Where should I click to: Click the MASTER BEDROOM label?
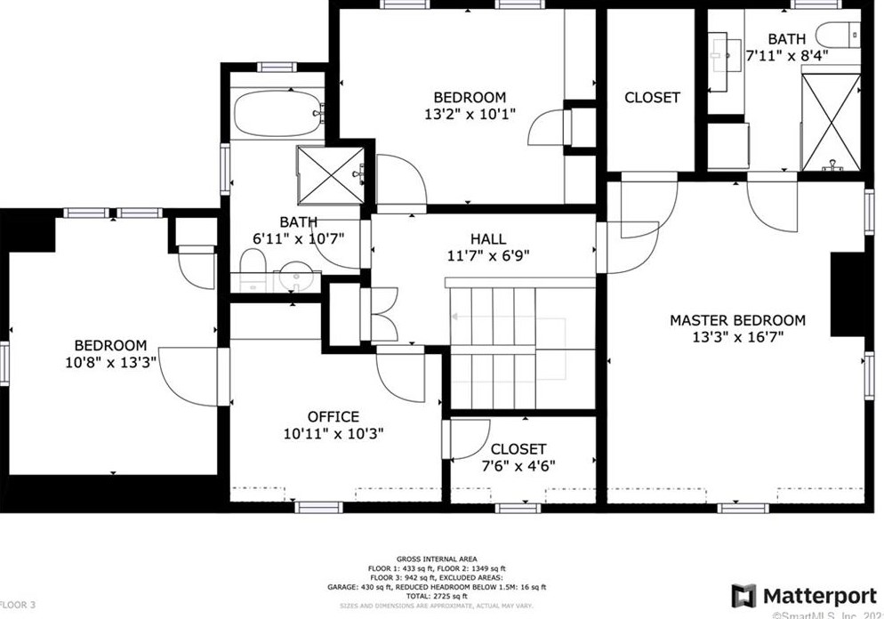pyautogui.click(x=737, y=320)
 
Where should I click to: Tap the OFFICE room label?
pyautogui.click(x=334, y=416)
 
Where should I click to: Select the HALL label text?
pyautogui.click(x=488, y=239)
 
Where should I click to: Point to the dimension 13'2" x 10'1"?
pyautogui.click(x=470, y=115)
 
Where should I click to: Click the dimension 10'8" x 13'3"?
pyautogui.click(x=110, y=362)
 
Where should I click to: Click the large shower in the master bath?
pyautogui.click(x=831, y=122)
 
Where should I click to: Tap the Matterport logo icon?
pyautogui.click(x=743, y=597)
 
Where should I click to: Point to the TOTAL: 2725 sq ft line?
pyautogui.click(x=430, y=597)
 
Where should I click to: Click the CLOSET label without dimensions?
pyautogui.click(x=652, y=98)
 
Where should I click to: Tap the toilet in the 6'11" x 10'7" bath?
pyautogui.click(x=253, y=263)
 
